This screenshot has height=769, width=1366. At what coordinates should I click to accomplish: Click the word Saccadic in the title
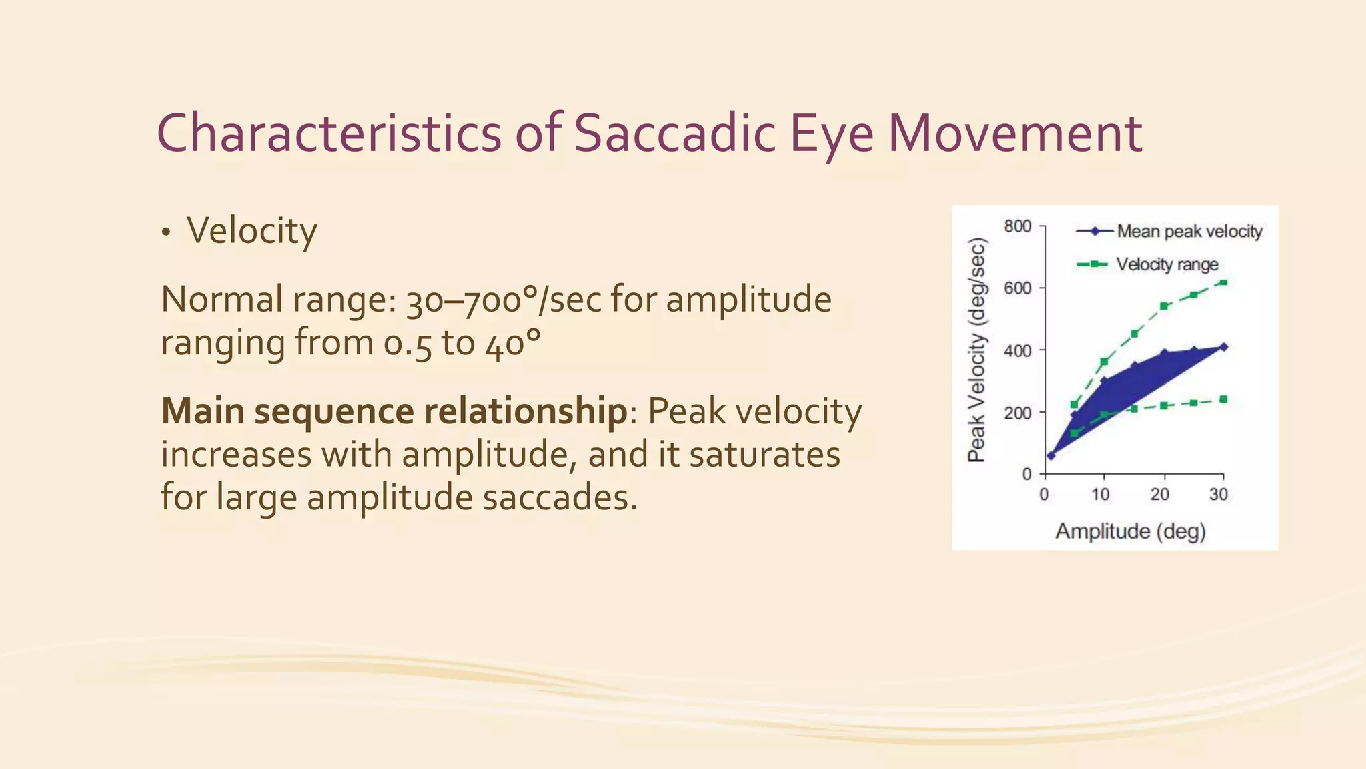[x=674, y=134]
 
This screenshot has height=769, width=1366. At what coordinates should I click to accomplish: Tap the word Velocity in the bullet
[x=251, y=231]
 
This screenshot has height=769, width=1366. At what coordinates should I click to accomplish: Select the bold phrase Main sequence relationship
[x=394, y=411]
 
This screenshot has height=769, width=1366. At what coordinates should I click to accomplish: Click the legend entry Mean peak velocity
[x=1189, y=232]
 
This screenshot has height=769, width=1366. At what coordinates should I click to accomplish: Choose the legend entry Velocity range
[x=1167, y=265]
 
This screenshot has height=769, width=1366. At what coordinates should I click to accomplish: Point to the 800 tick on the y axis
[x=1017, y=227]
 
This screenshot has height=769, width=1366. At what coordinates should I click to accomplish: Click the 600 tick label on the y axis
[x=1017, y=288]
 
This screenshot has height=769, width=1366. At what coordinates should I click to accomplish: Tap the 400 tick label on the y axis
[x=1017, y=350]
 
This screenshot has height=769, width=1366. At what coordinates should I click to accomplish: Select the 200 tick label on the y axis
[x=1017, y=412]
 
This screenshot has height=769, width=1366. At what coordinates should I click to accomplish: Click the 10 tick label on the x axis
[x=1100, y=495]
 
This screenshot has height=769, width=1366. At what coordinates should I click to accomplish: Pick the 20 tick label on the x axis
[x=1159, y=495]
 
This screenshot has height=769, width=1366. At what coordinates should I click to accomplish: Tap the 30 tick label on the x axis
[x=1219, y=495]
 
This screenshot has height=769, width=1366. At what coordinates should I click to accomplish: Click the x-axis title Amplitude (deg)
[x=1131, y=531]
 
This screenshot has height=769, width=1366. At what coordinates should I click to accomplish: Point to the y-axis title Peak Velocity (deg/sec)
[x=976, y=350]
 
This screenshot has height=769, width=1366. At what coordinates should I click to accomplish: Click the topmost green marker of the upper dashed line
[x=1223, y=282]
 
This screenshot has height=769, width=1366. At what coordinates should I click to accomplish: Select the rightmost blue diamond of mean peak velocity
[x=1223, y=347]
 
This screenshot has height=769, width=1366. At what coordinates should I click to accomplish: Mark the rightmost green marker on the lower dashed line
[x=1223, y=399]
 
